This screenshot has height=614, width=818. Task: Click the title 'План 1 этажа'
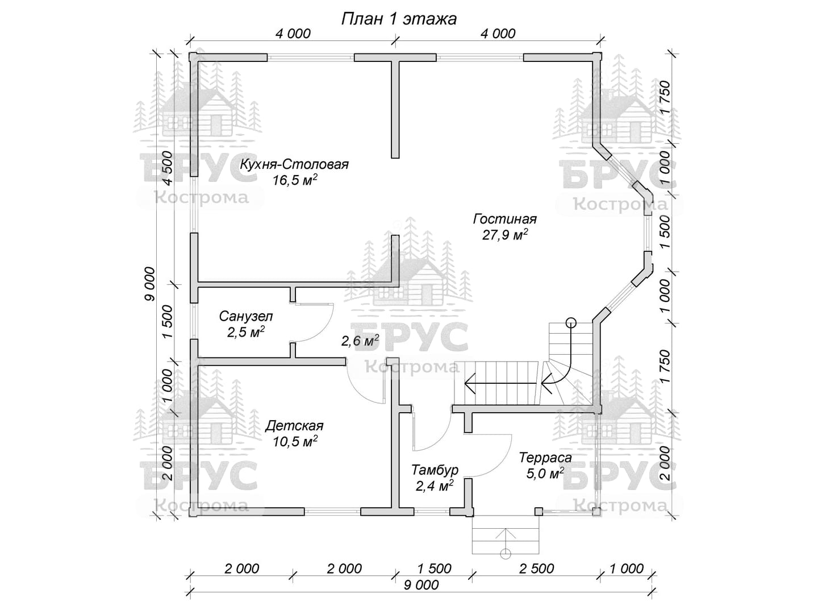(398, 19)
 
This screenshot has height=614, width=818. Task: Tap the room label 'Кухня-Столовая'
(294, 165)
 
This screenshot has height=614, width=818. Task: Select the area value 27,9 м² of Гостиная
(505, 235)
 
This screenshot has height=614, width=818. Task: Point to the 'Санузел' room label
(246, 317)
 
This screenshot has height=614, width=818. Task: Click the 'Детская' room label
(294, 426)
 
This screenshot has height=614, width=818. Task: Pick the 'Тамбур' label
(435, 470)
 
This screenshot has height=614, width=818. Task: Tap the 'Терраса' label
(545, 458)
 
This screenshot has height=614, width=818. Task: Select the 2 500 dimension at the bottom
(537, 569)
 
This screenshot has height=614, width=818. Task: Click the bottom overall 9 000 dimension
(422, 584)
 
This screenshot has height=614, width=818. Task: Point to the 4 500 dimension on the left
(166, 168)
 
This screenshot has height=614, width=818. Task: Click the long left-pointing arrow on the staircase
(500, 383)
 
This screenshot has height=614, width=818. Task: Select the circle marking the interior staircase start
(571, 323)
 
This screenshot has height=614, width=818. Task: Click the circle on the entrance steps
(505, 553)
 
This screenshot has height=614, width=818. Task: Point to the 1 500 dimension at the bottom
(435, 569)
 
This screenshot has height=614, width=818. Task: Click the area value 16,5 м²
(294, 181)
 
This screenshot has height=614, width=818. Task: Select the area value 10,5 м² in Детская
(294, 442)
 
